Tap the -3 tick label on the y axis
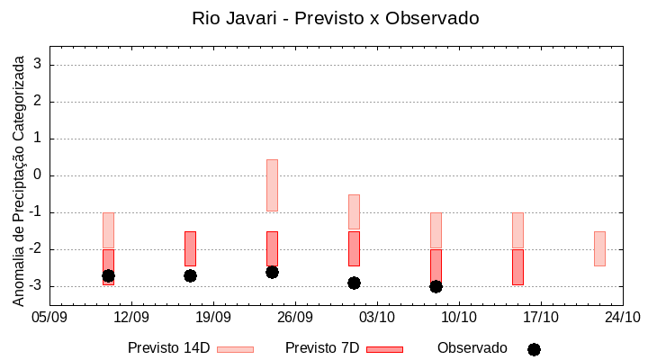pos(36,286)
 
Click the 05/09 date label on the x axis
pos(49,317)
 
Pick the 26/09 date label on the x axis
pos(295,317)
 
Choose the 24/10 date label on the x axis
pos(623,317)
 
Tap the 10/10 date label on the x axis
pos(459,317)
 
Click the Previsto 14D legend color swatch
pos(235,349)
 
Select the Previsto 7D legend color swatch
pos(384,349)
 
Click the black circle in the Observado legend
pos(534,349)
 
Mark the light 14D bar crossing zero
pos(272,184)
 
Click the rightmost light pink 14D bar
pos(599,248)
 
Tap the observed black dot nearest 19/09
pos(190,275)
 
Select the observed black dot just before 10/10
pos(436,286)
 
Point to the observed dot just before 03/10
pos(354,283)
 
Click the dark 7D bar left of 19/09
pos(190,248)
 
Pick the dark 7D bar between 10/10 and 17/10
pos(517,267)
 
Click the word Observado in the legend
pos(472,348)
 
